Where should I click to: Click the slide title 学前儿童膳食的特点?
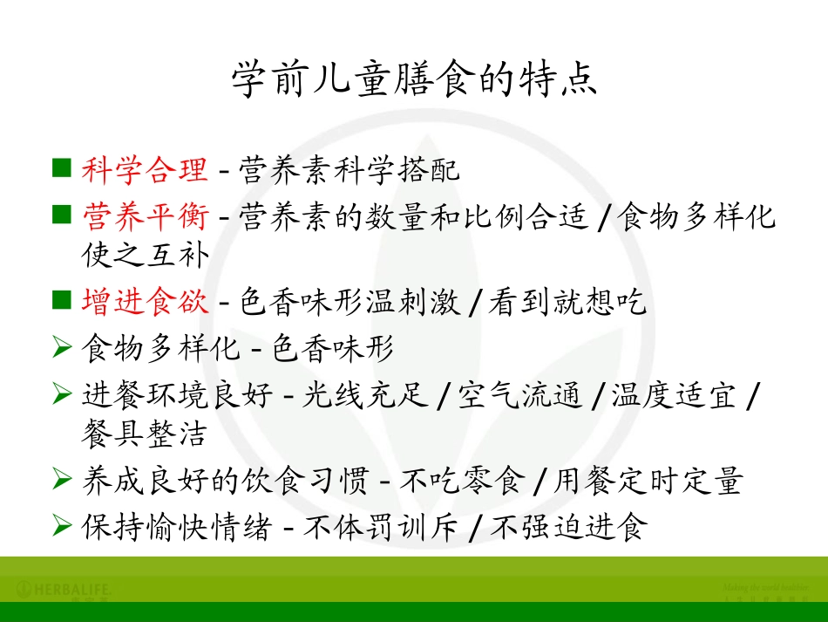[414, 80]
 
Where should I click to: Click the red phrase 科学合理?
[145, 169]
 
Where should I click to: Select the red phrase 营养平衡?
[145, 215]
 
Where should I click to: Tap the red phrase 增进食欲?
[145, 302]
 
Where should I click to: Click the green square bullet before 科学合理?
[61, 167]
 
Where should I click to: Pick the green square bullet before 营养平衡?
[61, 214]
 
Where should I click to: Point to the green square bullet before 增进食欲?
[61, 300]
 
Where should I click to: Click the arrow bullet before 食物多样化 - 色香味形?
[61, 349]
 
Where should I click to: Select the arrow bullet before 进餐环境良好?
[61, 395]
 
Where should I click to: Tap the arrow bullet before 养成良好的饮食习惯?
[61, 479]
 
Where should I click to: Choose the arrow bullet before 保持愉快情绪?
[61, 525]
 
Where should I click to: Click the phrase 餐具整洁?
[145, 435]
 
